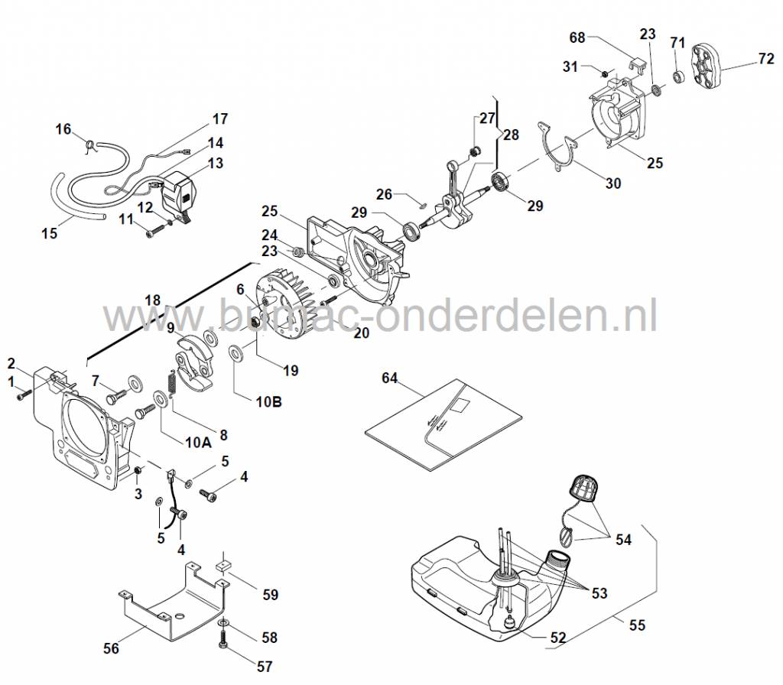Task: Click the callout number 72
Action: (x=765, y=58)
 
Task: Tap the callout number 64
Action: (x=390, y=377)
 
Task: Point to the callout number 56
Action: (x=112, y=648)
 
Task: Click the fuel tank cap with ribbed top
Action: (x=585, y=489)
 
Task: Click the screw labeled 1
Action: (x=22, y=393)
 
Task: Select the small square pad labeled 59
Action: (x=224, y=567)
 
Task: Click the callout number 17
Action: (x=220, y=118)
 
